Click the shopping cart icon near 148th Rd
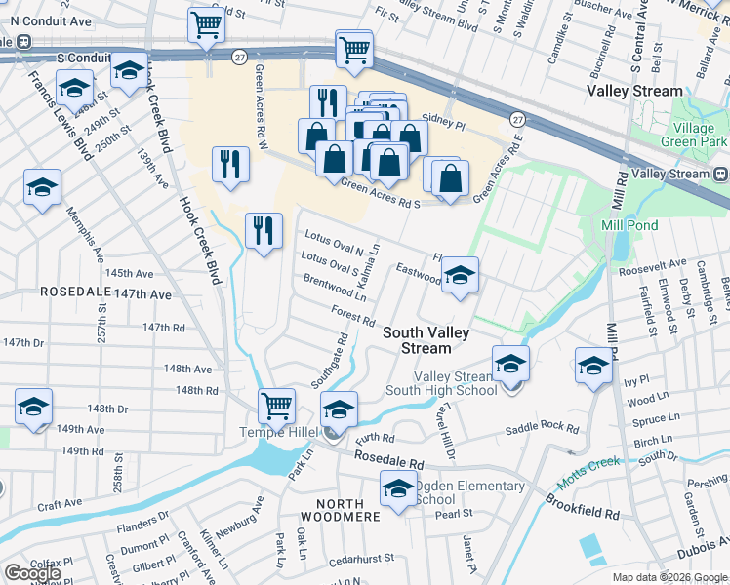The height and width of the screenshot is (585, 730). coord(277,405)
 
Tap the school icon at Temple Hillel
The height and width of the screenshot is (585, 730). coord(339,409)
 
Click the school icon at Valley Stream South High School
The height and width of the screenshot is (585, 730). coord(509,364)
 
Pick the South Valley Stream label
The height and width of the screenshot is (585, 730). coord(426,340)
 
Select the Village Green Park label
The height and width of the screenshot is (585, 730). coord(699,136)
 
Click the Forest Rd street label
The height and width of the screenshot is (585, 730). coord(353,316)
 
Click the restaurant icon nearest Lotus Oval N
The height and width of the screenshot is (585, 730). coord(264,231)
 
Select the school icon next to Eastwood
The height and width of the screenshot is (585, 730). coord(460,275)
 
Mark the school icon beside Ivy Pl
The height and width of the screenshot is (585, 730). coord(593,366)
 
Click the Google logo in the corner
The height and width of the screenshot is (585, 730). coord(33,573)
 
